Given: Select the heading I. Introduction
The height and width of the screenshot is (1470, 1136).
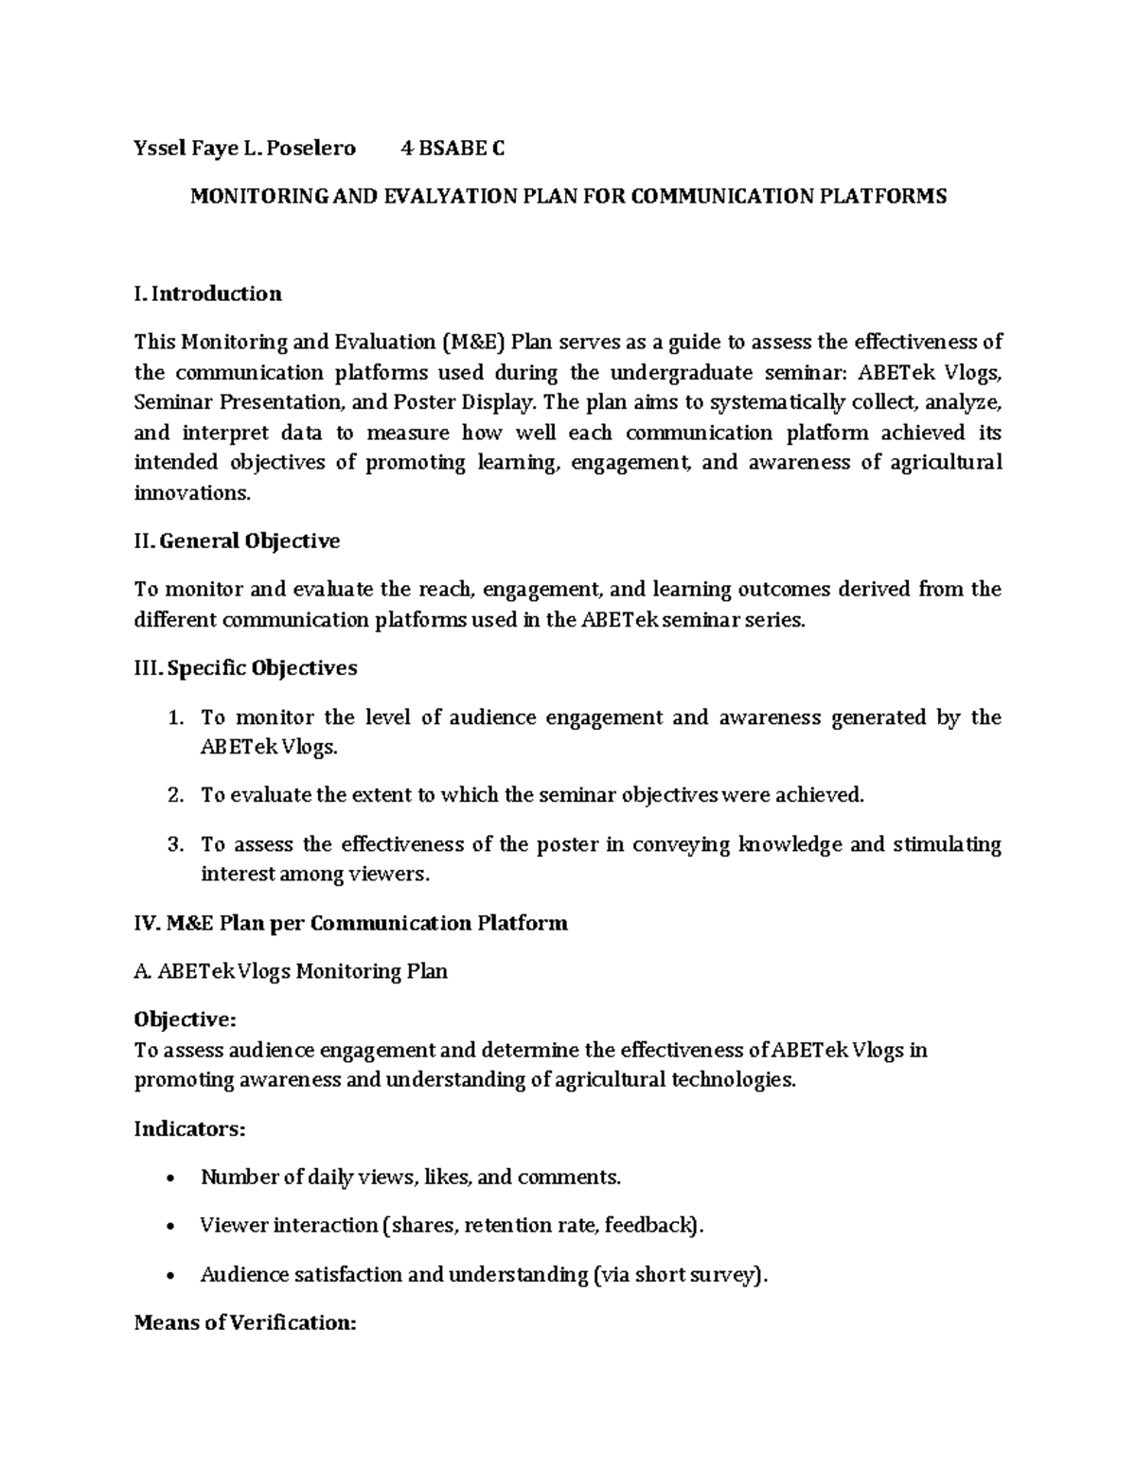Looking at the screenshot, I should tap(207, 293).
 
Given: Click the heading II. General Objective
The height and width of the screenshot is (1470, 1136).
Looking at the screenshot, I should tap(237, 541).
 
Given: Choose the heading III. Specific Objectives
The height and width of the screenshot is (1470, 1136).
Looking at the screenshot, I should tap(245, 668).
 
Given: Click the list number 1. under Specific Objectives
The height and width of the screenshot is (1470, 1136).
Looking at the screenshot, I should tap(174, 717).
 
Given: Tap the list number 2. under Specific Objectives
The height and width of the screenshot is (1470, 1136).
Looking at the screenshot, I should tap(174, 795).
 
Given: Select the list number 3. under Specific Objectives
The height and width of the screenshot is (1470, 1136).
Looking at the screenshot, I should tap(174, 844).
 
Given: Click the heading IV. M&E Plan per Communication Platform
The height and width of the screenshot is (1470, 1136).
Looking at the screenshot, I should tap(350, 923).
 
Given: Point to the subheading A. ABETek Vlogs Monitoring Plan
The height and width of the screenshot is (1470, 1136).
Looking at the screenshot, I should tap(291, 971).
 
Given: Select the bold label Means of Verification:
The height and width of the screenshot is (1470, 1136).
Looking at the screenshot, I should tap(245, 1323).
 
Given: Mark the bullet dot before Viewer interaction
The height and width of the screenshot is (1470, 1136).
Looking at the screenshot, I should tap(169, 1228).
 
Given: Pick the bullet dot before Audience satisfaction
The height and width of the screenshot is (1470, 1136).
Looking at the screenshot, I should tap(169, 1276).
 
